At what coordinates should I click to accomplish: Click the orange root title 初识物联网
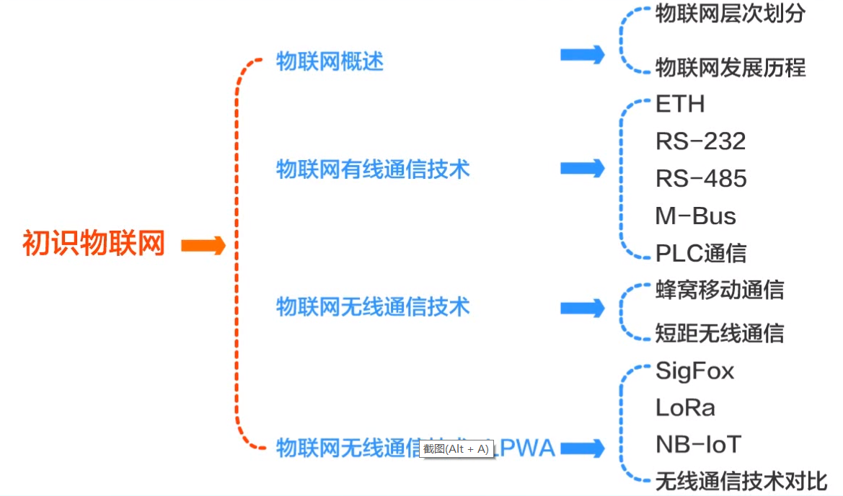(94, 244)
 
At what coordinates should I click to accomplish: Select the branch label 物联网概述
(330, 62)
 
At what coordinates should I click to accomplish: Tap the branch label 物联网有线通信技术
(373, 169)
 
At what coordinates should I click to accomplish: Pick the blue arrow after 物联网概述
(583, 55)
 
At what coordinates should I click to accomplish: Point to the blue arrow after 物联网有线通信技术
(583, 169)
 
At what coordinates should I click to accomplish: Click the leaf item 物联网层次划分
(730, 14)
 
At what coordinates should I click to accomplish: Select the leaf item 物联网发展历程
(730, 68)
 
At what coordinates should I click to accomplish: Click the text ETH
(679, 105)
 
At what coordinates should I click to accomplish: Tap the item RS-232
(700, 141)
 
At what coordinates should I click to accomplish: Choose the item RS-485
(700, 179)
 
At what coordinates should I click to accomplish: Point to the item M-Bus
(695, 216)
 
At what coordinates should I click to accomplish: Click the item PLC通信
(700, 254)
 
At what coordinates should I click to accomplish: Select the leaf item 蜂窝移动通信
(719, 290)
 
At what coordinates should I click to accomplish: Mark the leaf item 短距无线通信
(719, 333)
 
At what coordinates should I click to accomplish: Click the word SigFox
(694, 371)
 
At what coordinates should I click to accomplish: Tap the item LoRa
(685, 408)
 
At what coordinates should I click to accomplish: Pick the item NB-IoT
(698, 445)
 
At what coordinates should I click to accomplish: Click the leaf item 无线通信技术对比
(741, 481)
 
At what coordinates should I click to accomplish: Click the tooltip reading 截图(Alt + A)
(456, 449)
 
